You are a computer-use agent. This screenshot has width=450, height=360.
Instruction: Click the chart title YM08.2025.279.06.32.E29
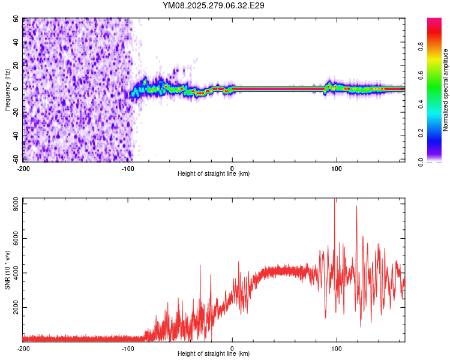tap(214, 5)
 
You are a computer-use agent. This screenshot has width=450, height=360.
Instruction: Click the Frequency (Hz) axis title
tap(7, 89)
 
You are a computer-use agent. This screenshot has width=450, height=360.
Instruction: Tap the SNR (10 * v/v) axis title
tap(7, 269)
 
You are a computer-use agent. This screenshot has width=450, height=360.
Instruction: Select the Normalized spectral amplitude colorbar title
tap(445, 90)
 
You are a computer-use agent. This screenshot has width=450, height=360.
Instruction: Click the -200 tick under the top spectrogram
tap(23, 169)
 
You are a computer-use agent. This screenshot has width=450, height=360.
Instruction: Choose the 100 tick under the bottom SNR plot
tap(337, 348)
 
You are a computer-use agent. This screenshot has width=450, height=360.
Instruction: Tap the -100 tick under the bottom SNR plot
tap(128, 348)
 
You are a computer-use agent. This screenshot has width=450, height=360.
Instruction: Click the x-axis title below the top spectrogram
tap(214, 174)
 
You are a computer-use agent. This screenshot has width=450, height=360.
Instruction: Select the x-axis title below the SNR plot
tap(214, 354)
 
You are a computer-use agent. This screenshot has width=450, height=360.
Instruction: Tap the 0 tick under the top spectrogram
tap(232, 169)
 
